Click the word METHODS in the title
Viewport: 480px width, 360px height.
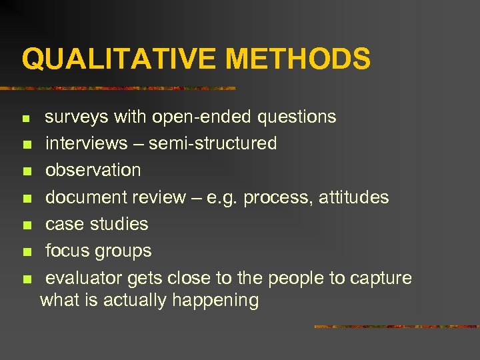click(x=297, y=59)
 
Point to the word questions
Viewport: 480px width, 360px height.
click(x=297, y=117)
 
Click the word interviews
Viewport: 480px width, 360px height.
click(x=86, y=143)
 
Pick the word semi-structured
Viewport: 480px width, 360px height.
click(x=213, y=143)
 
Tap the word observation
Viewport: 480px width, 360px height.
click(x=93, y=170)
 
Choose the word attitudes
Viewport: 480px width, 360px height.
click(x=354, y=197)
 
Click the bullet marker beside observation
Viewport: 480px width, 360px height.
click(x=26, y=171)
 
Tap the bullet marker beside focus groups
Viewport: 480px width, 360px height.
click(x=26, y=252)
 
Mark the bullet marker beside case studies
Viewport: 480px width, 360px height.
click(x=26, y=225)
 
